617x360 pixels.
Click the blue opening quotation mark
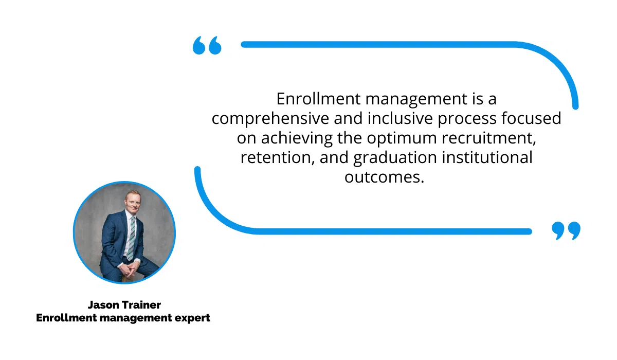[207, 45]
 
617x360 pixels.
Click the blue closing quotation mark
[566, 230]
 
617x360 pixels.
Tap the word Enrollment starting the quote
[318, 99]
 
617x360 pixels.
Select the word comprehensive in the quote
[270, 119]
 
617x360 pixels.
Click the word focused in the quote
[531, 118]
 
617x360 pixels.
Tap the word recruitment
[489, 138]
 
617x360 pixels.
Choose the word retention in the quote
[277, 158]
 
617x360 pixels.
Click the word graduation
[395, 158]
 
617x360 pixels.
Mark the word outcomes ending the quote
[384, 177]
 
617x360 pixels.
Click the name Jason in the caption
[103, 305]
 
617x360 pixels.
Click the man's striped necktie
[131, 238]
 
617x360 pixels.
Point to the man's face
[133, 202]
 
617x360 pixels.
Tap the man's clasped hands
[129, 269]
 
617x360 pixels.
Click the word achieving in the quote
[297, 138]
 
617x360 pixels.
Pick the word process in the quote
[467, 119]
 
